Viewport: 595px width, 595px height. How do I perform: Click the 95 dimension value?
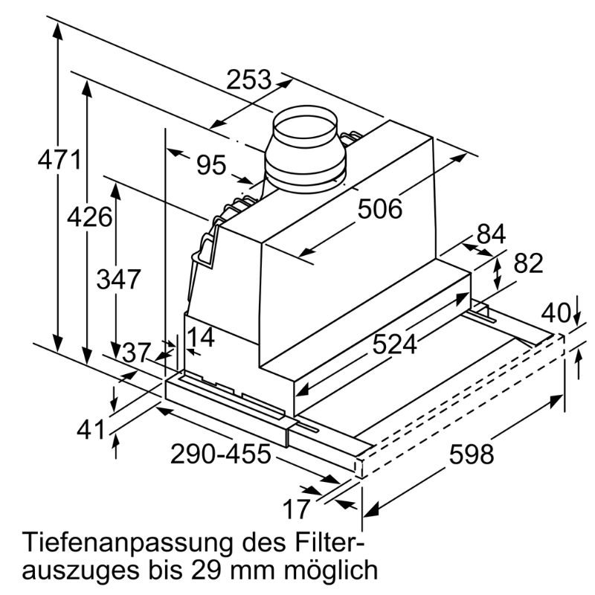point(210,164)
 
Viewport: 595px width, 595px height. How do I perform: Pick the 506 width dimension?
point(379,210)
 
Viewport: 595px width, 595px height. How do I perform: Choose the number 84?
point(491,234)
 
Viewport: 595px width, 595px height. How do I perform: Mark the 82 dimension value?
point(528,264)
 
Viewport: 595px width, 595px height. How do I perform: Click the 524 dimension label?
point(395,344)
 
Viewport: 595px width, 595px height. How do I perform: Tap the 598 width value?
point(472,453)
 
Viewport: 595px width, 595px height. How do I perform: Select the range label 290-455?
point(220,453)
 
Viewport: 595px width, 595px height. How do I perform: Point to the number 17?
point(296,509)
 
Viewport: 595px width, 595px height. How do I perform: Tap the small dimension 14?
point(200,338)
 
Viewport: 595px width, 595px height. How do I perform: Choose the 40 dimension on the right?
point(556,313)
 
